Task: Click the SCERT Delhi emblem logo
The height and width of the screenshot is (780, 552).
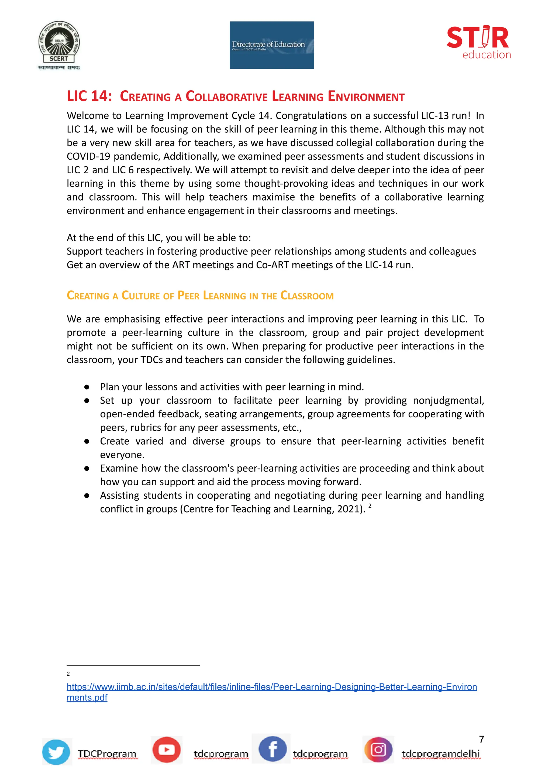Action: tap(59, 44)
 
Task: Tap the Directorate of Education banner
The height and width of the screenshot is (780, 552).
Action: tap(272, 45)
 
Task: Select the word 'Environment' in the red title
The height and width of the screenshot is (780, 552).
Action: tap(366, 97)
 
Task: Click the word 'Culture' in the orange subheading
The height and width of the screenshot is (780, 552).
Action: tap(140, 295)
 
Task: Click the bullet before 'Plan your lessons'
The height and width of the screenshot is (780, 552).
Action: tap(87, 387)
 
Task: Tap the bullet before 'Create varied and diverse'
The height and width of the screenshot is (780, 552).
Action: tap(87, 441)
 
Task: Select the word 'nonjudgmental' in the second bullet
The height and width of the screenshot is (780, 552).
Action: tap(448, 401)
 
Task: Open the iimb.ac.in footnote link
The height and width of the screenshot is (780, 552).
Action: tap(272, 687)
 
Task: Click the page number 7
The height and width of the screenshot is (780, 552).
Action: tap(481, 739)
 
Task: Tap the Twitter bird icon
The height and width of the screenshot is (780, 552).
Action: tap(56, 752)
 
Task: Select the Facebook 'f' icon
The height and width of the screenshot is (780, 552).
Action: tap(272, 749)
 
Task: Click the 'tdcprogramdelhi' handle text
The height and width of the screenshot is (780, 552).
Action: tap(440, 754)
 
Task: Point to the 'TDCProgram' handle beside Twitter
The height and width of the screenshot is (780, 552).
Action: tap(107, 754)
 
